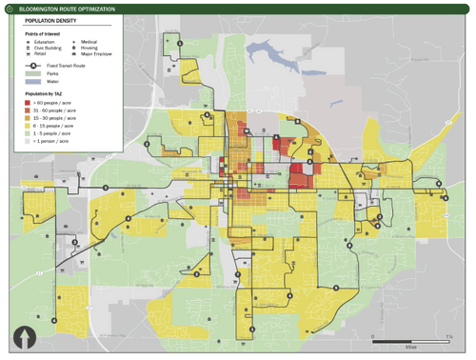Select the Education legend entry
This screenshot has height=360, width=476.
tap(43, 42)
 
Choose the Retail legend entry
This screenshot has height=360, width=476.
tap(39, 53)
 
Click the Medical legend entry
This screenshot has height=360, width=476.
tap(89, 42)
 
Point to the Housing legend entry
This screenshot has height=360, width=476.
tap(89, 48)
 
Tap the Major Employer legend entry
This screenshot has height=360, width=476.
tap(95, 53)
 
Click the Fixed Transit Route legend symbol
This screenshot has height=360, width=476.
tap(30, 65)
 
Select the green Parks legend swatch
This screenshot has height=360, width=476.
tap(30, 73)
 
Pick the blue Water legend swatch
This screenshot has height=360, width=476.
tap(30, 82)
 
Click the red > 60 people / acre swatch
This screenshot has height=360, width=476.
tap(28, 103)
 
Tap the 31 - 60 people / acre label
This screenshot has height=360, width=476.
tap(53, 110)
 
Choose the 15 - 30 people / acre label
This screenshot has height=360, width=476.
tap(53, 118)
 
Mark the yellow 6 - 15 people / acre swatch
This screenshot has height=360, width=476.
tap(28, 126)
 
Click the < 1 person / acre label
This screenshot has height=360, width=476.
tap(51, 141)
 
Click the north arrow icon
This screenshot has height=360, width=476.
tap(22, 336)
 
